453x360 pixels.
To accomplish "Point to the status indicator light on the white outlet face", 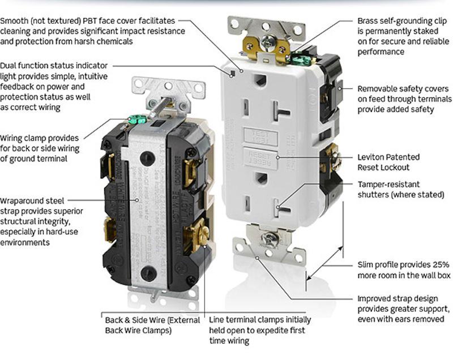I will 233,72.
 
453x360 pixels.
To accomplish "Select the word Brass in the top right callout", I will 368,21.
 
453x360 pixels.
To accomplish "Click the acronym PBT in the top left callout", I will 90,21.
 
